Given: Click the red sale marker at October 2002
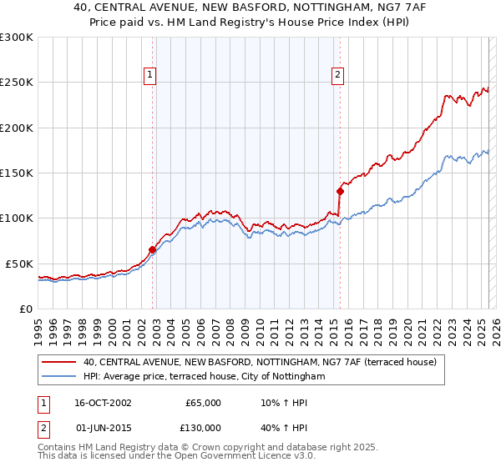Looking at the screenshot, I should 153,249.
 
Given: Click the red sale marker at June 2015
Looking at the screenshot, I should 340,190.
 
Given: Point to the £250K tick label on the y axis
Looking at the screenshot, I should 17,83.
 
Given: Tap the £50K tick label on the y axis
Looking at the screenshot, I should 19,264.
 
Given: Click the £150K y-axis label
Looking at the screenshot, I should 17,173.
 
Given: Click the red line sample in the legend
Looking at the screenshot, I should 59,363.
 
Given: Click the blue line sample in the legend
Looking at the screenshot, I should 59,377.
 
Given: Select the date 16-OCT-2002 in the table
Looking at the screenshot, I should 103,403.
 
